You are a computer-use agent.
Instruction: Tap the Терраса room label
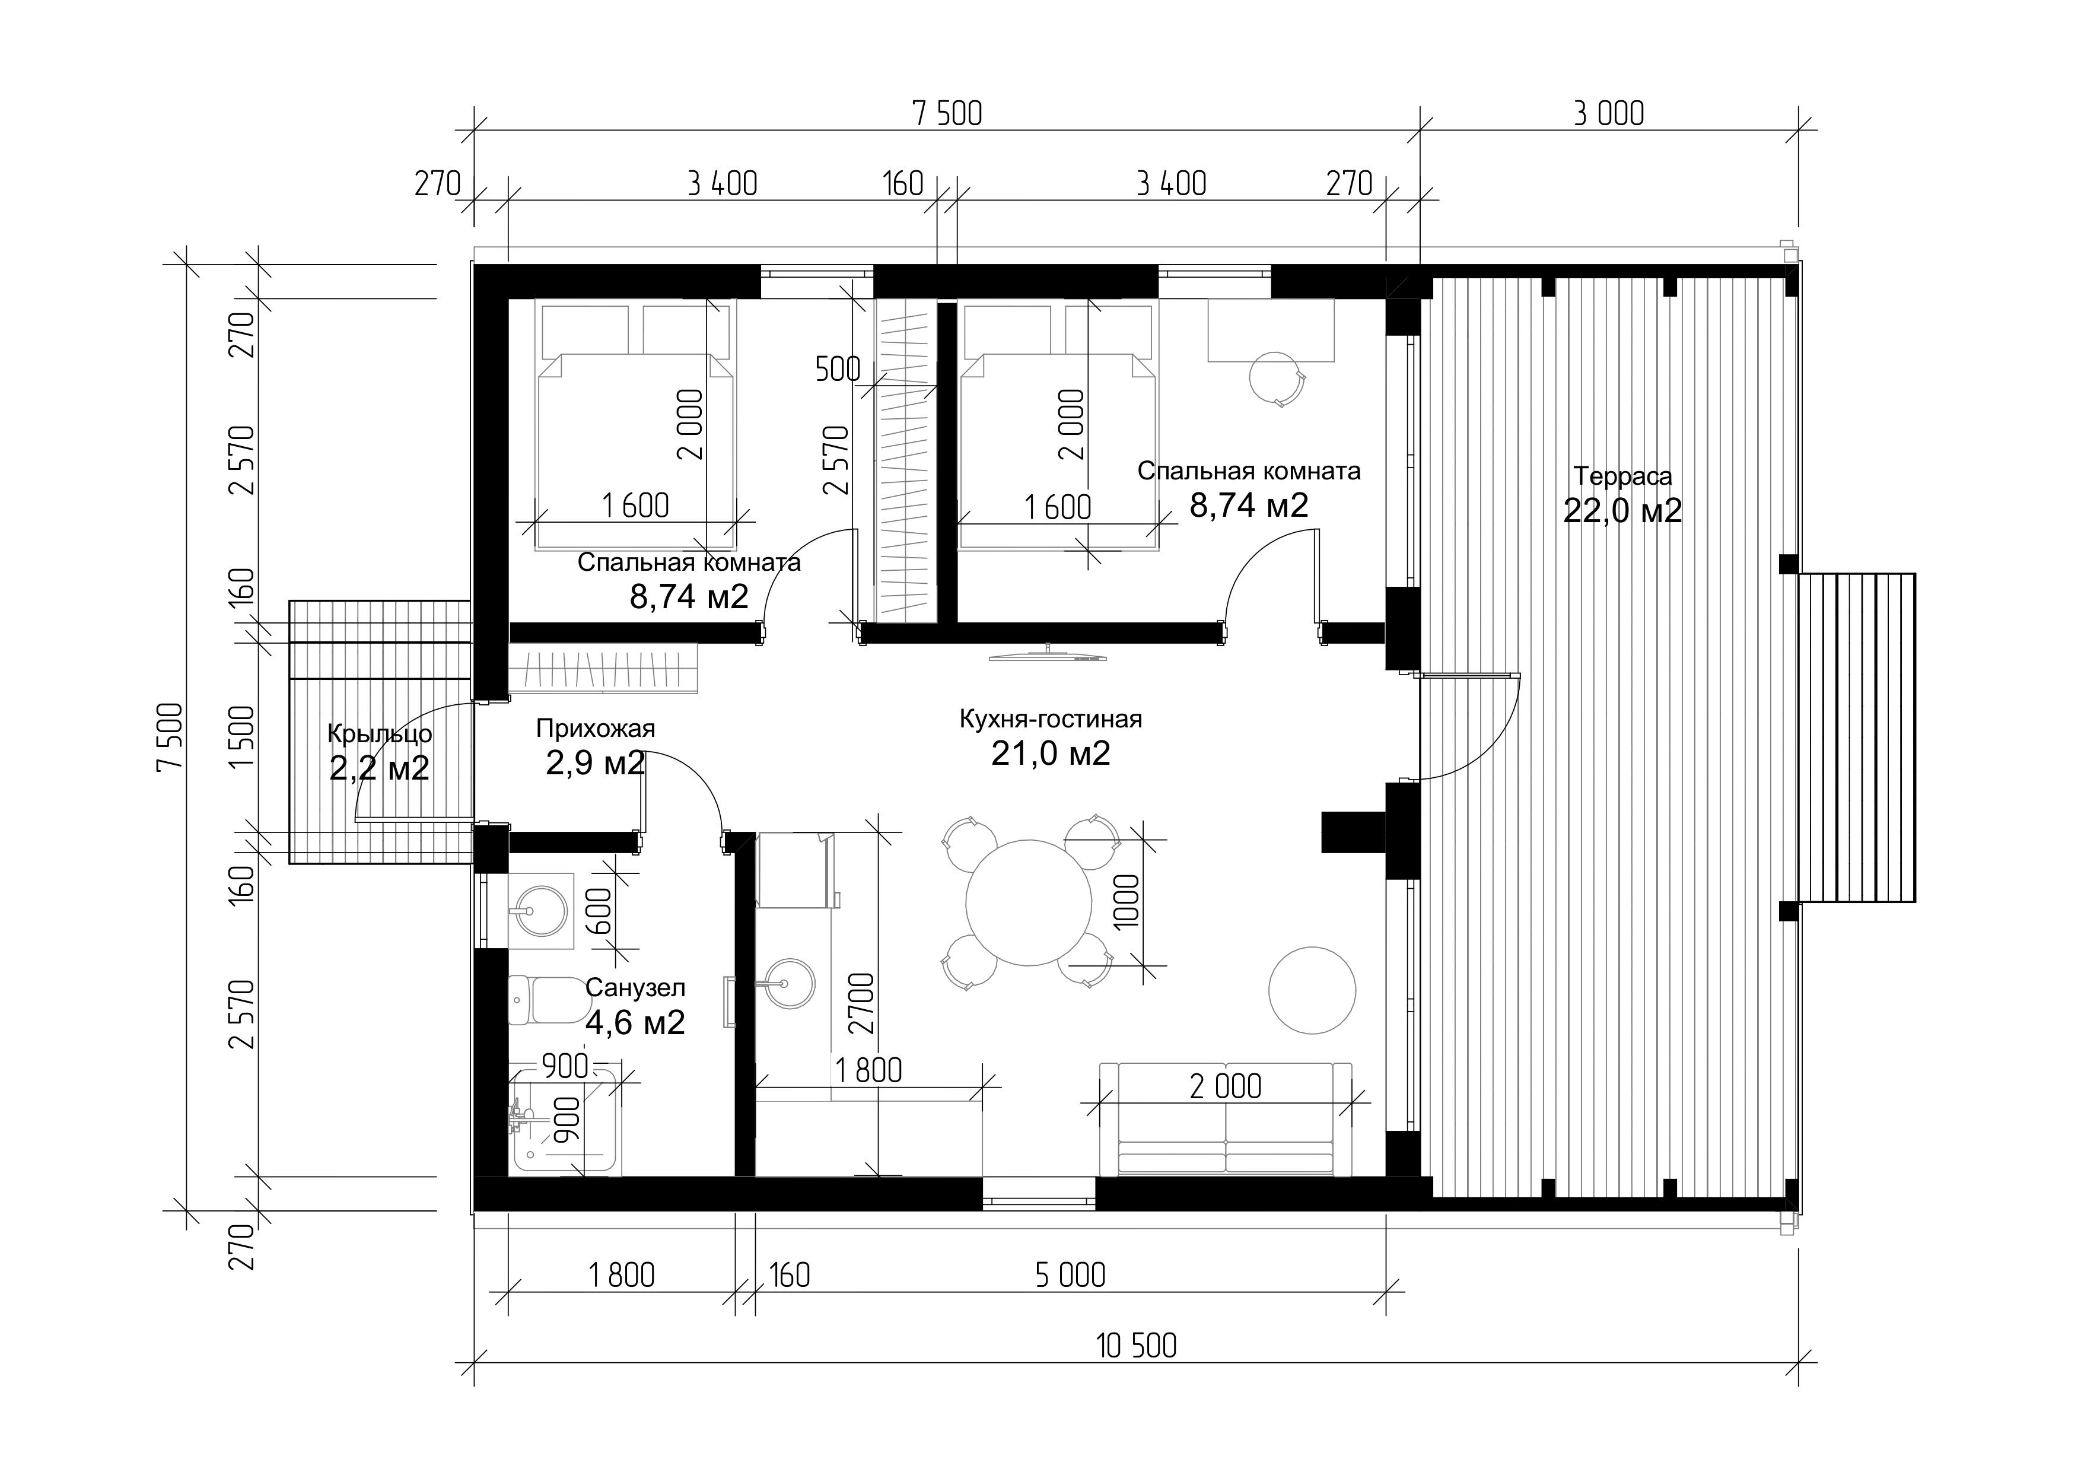click(1622, 476)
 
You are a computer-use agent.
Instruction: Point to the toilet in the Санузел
click(548, 1000)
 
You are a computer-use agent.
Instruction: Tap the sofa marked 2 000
click(1226, 1120)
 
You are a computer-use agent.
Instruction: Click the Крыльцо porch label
click(379, 733)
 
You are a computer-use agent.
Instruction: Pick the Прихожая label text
click(596, 728)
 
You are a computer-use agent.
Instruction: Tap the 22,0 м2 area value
click(1622, 510)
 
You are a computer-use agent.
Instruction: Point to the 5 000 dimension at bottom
click(1070, 1275)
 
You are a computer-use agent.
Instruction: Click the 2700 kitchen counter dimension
click(864, 1003)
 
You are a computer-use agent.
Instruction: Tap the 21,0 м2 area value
click(1051, 754)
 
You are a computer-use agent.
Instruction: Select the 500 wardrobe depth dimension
click(838, 369)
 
